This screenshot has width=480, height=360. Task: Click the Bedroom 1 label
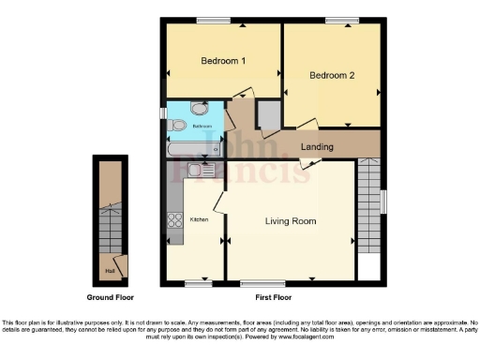coord(223,61)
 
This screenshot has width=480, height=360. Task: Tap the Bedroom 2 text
coord(332,76)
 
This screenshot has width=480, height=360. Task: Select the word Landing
coord(318,147)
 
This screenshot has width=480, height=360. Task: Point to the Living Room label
coord(290,221)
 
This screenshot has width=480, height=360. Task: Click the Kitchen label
coord(200,219)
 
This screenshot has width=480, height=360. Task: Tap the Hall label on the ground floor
coord(110,272)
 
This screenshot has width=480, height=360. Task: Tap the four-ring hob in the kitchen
coord(174,221)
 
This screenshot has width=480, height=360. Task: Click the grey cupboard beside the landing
coord(267,114)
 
